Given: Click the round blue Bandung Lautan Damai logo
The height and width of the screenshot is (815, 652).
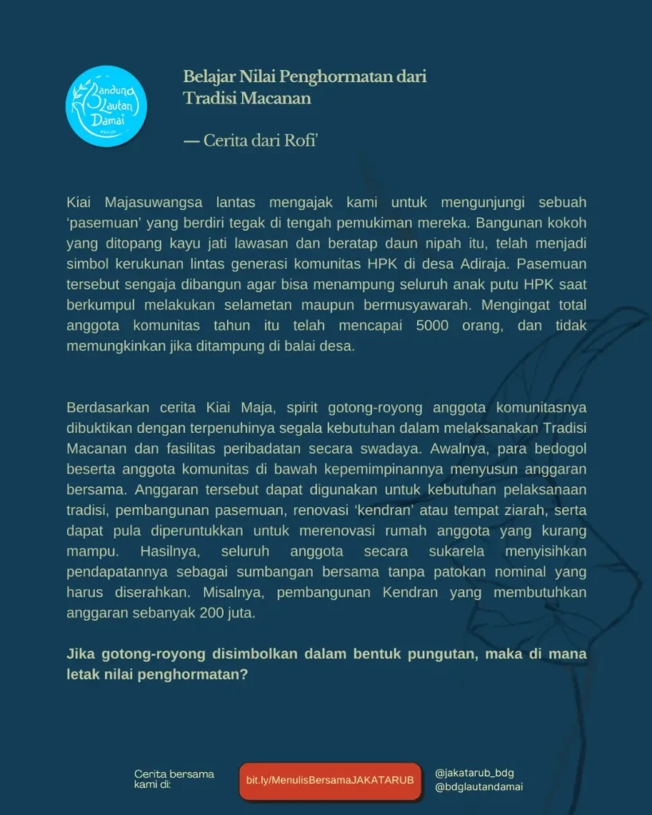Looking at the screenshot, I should point(106,106).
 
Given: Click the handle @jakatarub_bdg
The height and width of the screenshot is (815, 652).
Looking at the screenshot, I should point(474,773).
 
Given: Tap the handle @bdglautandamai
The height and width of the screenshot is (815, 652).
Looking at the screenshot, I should point(479,788).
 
